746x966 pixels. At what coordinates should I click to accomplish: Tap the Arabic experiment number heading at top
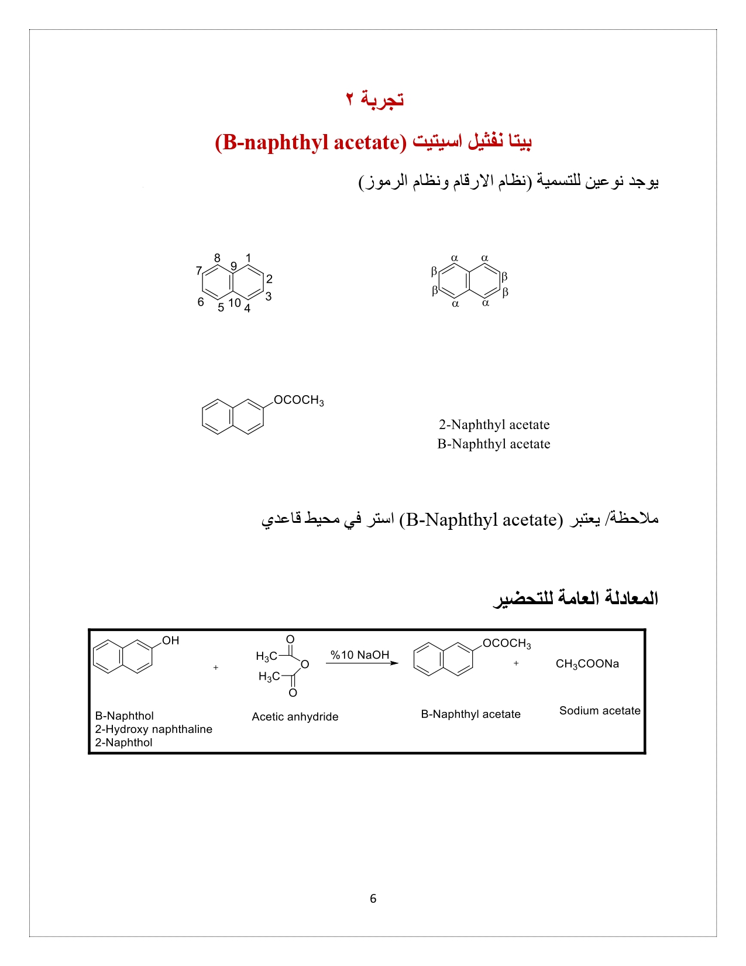(374, 99)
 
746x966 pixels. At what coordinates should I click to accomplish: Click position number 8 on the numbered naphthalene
(217, 258)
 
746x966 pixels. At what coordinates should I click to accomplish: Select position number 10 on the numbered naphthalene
(235, 303)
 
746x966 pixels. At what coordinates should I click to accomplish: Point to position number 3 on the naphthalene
(269, 296)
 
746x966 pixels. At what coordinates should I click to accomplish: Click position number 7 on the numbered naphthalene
(199, 270)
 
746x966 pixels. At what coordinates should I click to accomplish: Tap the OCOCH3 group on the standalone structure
(298, 400)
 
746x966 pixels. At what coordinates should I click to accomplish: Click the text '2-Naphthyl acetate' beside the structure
(494, 424)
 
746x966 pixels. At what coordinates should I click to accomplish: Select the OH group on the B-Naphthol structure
(171, 640)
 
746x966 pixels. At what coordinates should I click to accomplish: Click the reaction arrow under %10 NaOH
(362, 663)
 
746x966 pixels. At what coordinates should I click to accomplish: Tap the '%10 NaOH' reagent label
(360, 655)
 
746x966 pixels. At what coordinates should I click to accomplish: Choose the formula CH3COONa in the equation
(587, 664)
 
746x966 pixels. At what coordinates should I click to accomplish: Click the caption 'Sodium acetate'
(600, 711)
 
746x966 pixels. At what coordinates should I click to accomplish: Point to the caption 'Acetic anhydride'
(295, 717)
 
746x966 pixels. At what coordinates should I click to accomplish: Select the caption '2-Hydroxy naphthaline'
(153, 729)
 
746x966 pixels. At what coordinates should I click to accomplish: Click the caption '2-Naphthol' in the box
(123, 742)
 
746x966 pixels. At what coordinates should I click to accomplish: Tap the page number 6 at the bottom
(373, 899)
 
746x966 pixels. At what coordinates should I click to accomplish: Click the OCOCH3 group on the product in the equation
(507, 643)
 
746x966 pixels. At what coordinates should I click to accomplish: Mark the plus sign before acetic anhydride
(216, 667)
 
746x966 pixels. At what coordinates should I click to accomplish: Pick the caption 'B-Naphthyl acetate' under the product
(470, 714)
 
